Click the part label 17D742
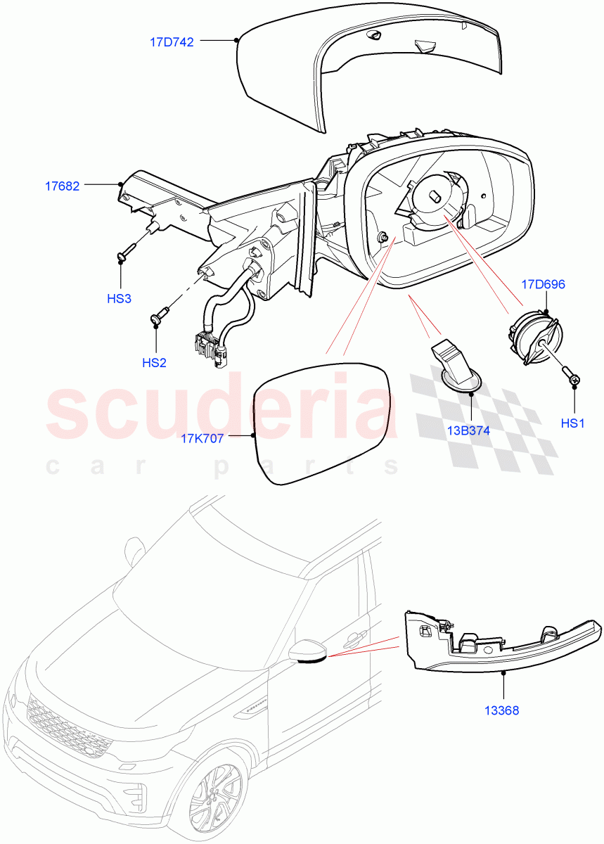(x=172, y=41)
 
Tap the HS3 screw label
(x=119, y=298)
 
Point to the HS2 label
(x=154, y=363)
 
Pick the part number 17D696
(x=543, y=285)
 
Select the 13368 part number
(x=501, y=710)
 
